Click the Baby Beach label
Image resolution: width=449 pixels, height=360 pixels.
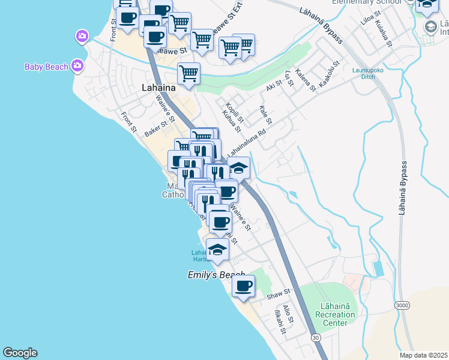[46, 67]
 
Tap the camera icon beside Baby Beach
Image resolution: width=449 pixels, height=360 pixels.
[77, 65]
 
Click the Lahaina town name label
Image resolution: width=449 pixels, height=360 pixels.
[158, 88]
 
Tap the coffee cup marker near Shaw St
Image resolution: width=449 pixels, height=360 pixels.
[243, 286]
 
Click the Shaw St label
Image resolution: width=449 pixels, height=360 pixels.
[278, 295]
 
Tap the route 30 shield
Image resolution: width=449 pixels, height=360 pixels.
[316, 338]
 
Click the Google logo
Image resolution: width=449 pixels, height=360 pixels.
[20, 353]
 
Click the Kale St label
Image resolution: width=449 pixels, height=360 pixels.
[265, 115]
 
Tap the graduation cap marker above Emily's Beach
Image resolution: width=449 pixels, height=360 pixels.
[217, 250]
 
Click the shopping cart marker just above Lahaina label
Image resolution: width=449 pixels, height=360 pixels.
[188, 74]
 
